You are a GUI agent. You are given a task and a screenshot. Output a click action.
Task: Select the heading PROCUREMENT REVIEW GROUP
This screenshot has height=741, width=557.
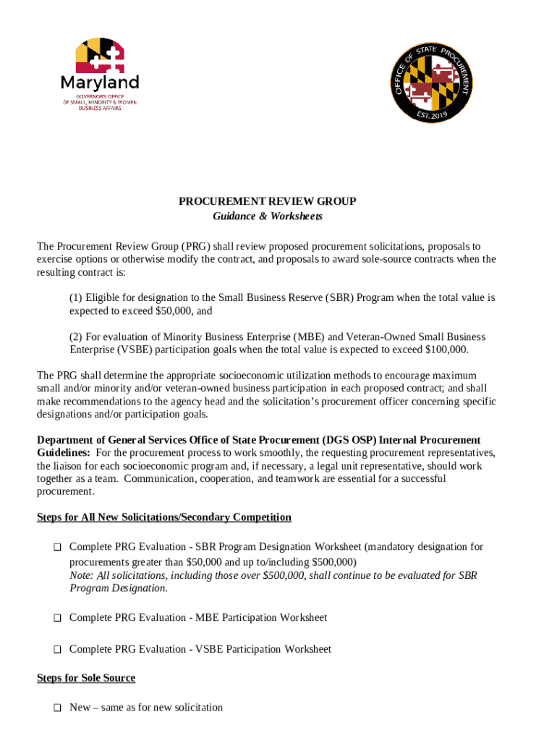[x=268, y=202]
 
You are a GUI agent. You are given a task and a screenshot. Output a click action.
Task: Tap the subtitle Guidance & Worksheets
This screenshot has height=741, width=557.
[x=268, y=216]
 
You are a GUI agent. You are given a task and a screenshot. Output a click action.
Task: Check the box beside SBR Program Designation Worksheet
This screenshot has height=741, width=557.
[x=56, y=548]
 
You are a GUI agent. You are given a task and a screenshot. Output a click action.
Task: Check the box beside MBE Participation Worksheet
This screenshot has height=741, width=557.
[x=56, y=619]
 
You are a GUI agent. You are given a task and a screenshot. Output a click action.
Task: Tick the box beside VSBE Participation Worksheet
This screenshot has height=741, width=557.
[x=56, y=650]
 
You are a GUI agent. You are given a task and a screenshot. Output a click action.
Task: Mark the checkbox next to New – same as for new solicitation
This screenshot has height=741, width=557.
[x=56, y=708]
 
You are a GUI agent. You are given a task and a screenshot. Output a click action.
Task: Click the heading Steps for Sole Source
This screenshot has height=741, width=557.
[x=86, y=678]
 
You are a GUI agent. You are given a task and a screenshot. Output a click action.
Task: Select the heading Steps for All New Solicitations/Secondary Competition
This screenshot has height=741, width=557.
[x=164, y=517]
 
